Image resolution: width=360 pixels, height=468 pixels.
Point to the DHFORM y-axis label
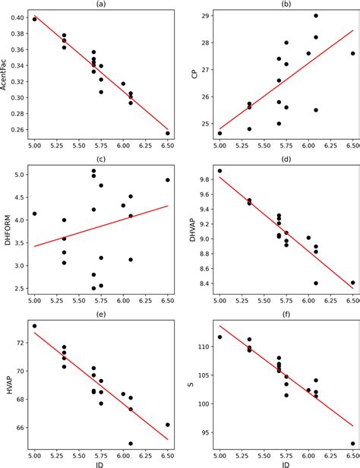click(x=8, y=229)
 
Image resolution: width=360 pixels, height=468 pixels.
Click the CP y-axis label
click(x=194, y=74)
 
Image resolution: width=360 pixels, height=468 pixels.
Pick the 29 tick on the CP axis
click(x=204, y=16)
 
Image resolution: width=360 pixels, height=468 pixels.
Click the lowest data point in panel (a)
click(x=168, y=133)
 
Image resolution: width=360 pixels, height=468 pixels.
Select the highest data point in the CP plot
click(x=316, y=16)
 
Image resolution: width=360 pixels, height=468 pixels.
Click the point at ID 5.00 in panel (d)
click(x=219, y=171)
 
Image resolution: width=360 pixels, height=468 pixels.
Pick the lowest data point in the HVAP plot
click(x=131, y=443)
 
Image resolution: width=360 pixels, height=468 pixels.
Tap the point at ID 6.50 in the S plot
click(x=352, y=443)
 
